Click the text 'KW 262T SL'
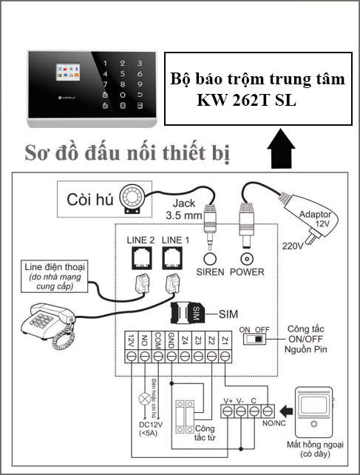click(x=246, y=99)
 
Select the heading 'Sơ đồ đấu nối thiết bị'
click(x=126, y=153)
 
